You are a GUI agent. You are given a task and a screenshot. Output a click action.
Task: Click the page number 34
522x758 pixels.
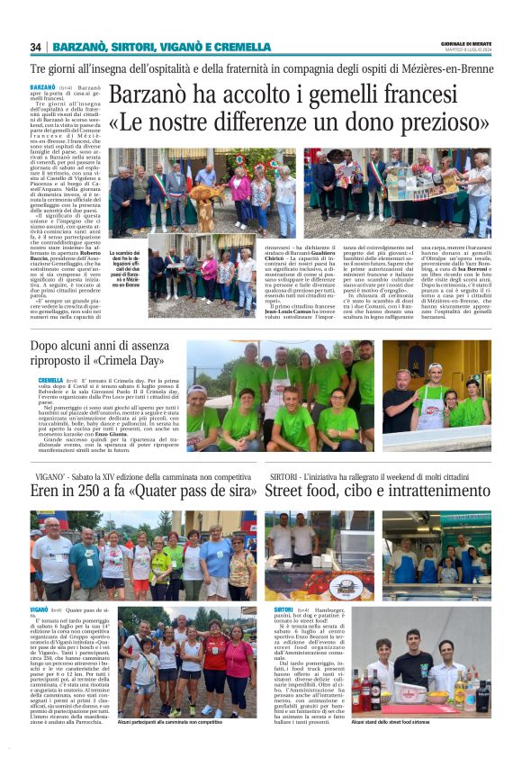35,47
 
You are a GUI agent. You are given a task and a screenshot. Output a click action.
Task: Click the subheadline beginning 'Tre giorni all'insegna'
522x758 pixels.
261,69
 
